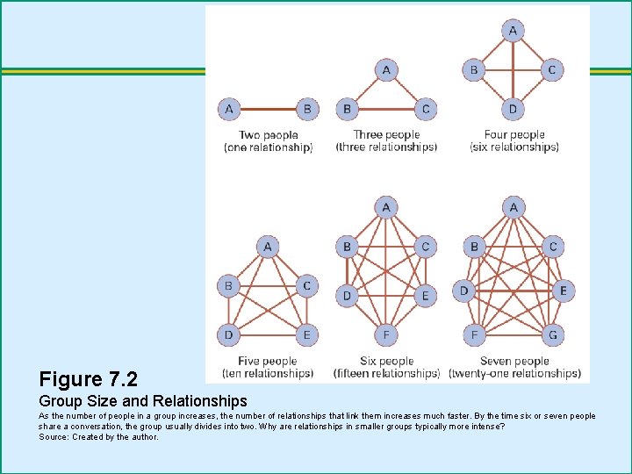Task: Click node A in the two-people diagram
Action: click(229, 109)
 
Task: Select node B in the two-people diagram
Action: click(307, 109)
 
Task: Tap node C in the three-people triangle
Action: click(426, 109)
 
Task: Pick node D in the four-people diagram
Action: click(513, 109)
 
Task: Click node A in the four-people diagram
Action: click(513, 31)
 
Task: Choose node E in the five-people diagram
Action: click(306, 335)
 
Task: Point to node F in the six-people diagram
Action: click(386, 334)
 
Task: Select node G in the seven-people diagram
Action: click(553, 334)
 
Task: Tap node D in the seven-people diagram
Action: click(464, 291)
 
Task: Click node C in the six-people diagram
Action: click(425, 247)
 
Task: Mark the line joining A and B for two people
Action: click(269, 109)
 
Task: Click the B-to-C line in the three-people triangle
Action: click(386, 109)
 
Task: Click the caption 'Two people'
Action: click(269, 134)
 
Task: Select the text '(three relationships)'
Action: click(386, 147)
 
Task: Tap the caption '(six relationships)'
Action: click(514, 147)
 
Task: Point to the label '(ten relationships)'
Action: click(268, 373)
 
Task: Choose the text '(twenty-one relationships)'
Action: click(514, 373)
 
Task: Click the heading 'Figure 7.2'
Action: click(89, 379)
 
